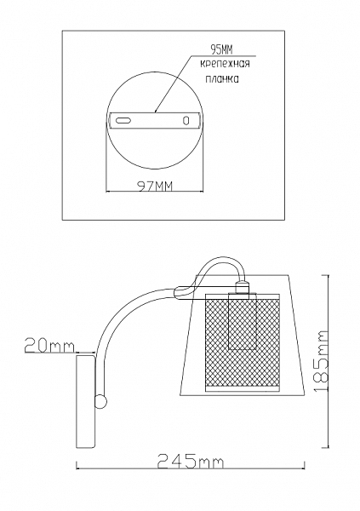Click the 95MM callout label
click(x=222, y=50)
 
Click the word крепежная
click(x=225, y=64)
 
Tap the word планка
click(x=222, y=79)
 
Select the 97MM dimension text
click(x=154, y=186)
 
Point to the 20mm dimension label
click(x=49, y=346)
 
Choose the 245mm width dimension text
click(x=191, y=461)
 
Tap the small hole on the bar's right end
click(x=186, y=121)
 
